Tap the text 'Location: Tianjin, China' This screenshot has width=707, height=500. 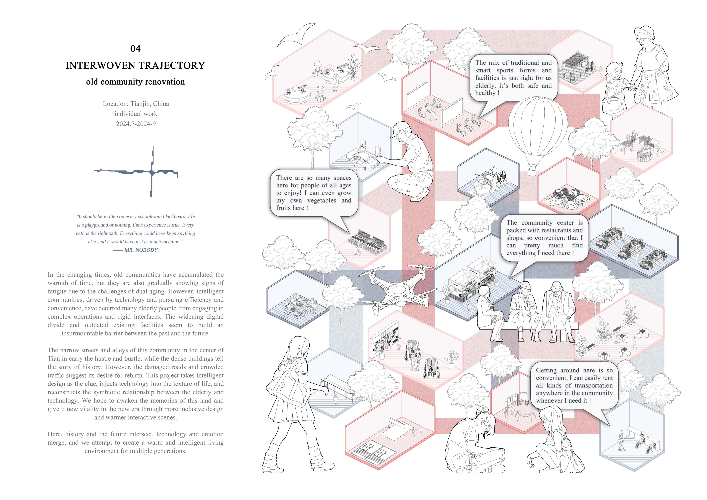point(136,104)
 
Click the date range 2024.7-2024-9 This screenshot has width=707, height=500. point(136,124)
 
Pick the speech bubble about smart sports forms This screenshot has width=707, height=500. point(513,78)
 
